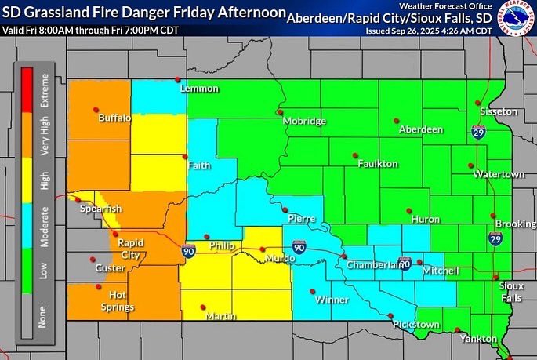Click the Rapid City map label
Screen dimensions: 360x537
[x=130, y=249]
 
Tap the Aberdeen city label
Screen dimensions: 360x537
[x=421, y=129]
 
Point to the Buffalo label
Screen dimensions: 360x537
[x=115, y=119]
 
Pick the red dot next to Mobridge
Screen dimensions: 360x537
[x=279, y=112]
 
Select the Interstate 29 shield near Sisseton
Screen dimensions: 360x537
[x=477, y=133]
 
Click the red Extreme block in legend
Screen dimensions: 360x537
[x=26, y=91]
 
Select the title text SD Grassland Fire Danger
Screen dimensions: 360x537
[x=101, y=13]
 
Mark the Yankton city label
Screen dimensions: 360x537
[x=480, y=339]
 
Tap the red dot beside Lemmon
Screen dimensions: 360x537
[x=178, y=79]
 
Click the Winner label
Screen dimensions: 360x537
[x=332, y=300]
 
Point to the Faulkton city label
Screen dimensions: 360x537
[x=378, y=164]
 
